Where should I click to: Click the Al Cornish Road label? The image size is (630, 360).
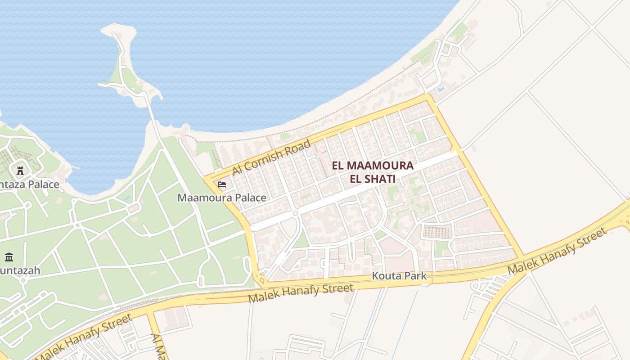(x=271, y=157)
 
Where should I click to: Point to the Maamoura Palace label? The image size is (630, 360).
(x=222, y=198)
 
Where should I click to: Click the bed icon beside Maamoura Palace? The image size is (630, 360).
(x=222, y=184)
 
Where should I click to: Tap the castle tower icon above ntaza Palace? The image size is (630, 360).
(x=20, y=171)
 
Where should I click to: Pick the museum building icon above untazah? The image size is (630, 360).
(x=9, y=257)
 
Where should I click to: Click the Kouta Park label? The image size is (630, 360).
(x=399, y=276)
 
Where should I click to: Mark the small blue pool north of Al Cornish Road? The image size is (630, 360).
(x=441, y=90)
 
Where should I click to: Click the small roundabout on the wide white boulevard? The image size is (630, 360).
(x=295, y=213)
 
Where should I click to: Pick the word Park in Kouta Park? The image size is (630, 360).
(x=415, y=276)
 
